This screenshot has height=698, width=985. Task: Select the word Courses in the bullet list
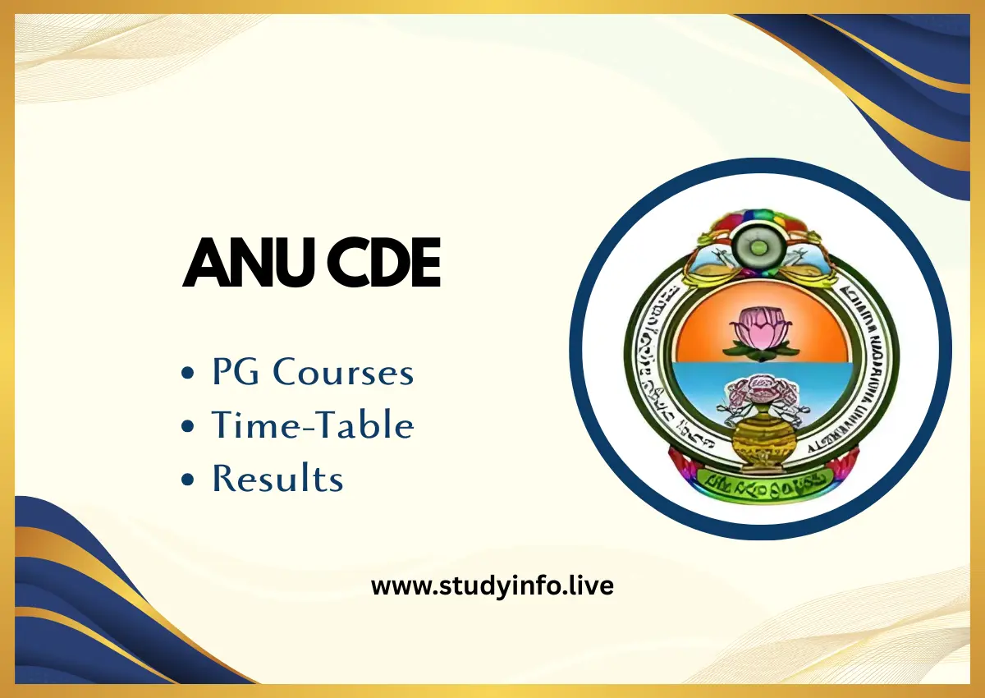[343, 373]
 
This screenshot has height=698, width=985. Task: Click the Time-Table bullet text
[313, 425]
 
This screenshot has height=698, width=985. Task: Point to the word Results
[277, 478]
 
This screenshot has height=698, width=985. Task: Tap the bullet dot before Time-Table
[189, 427]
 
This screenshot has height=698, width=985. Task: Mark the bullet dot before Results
[189, 480]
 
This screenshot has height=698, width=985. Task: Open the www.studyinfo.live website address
[492, 586]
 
